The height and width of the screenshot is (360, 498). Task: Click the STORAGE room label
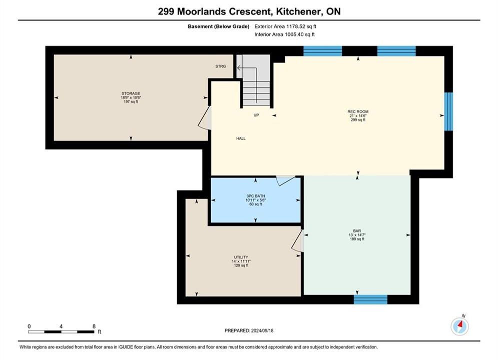pos(131,93)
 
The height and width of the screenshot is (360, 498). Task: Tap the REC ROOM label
pos(358,111)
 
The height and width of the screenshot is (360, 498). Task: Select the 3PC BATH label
pos(256,196)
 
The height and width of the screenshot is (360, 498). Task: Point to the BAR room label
pos(357,231)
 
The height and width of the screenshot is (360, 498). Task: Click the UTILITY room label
pos(241,257)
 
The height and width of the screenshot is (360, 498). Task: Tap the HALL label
pos(241,138)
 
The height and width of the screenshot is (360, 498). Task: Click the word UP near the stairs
pos(256,115)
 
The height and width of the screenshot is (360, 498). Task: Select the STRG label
pos(221,66)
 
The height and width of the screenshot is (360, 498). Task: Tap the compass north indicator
pos(459,325)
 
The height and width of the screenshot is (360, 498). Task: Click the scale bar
pos(61,332)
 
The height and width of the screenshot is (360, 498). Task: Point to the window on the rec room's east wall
pos(448,111)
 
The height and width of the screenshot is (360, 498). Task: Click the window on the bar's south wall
pos(371,299)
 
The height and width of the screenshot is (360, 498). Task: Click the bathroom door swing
pos(285,180)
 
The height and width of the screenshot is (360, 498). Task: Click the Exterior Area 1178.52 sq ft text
pos(285,26)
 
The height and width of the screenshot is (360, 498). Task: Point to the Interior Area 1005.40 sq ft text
pos(285,34)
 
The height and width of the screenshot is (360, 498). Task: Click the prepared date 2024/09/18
pos(262,330)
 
